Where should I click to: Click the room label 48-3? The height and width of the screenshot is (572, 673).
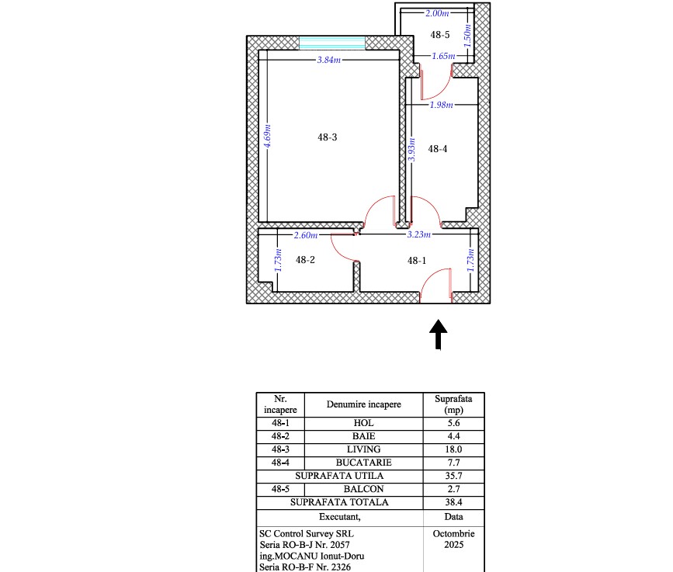click(x=327, y=137)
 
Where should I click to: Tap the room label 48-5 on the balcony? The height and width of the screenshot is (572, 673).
click(x=440, y=35)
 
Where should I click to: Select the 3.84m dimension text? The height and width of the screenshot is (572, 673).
click(x=329, y=60)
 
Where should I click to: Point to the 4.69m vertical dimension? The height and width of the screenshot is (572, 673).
click(x=267, y=136)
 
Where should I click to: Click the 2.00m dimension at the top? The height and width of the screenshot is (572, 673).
click(x=437, y=13)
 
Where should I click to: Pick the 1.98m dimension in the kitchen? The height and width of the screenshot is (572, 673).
click(x=441, y=105)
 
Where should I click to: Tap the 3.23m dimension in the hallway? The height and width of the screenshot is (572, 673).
click(x=418, y=234)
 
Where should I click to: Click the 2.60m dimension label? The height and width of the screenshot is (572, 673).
click(x=306, y=235)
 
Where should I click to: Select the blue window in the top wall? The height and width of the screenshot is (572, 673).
click(x=331, y=43)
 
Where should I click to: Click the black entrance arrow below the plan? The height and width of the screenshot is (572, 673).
click(x=439, y=335)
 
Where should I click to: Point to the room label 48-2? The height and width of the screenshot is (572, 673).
click(x=305, y=259)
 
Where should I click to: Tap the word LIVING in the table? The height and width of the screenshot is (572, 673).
click(x=363, y=449)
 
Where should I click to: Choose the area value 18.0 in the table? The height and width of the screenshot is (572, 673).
click(x=453, y=449)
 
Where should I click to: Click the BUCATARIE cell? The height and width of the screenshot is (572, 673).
click(x=363, y=463)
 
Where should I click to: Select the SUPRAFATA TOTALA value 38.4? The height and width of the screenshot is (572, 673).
click(x=453, y=502)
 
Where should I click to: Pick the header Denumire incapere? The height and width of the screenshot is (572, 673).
click(x=363, y=404)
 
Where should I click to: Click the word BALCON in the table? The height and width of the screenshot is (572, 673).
click(x=363, y=489)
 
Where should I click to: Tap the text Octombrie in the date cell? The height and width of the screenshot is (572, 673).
click(x=453, y=534)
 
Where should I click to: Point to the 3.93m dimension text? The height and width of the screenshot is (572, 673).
click(x=411, y=150)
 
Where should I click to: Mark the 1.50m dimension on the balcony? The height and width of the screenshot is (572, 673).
click(x=467, y=36)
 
